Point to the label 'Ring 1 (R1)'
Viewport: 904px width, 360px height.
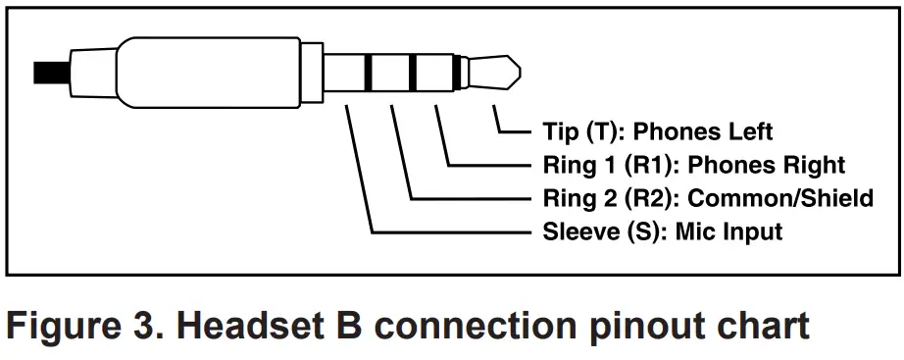pyautogui.click(x=598, y=165)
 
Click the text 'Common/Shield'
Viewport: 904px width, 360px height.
pyautogui.click(x=780, y=198)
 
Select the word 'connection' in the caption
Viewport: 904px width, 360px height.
pyautogui.click(x=471, y=323)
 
